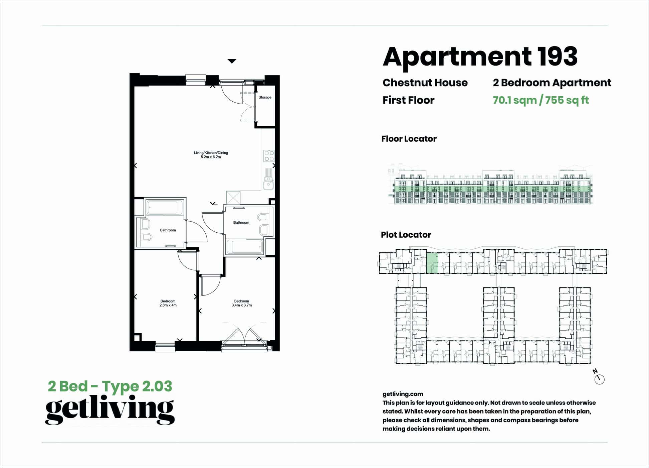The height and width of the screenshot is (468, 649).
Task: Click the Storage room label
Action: click(265, 97)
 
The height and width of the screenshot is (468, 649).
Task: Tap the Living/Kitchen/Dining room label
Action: click(211, 153)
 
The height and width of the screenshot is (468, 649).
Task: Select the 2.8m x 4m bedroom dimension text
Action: click(168, 305)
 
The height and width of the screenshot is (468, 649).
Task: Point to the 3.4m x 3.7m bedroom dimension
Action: click(242, 305)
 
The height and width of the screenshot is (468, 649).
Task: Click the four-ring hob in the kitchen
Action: click(269, 156)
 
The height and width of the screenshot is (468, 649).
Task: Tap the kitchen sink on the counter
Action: click(268, 183)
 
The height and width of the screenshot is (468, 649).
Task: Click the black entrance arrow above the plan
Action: click(232, 61)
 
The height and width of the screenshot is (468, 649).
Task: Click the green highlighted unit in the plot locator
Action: click(432, 263)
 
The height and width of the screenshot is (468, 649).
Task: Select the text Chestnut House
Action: click(425, 83)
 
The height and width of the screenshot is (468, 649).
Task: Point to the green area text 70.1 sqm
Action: click(514, 100)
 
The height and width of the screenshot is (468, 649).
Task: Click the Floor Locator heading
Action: click(409, 139)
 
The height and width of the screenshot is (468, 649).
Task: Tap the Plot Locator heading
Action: click(406, 235)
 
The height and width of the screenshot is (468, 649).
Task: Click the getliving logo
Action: click(110, 409)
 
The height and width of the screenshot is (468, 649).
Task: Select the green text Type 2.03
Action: click(137, 386)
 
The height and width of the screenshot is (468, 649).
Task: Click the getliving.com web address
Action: click(403, 394)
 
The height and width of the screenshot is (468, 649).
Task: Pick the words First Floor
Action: click(408, 100)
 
